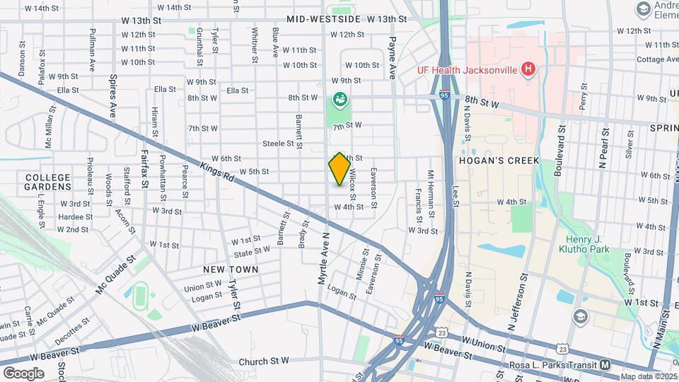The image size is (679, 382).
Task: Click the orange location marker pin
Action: click(x=339, y=169)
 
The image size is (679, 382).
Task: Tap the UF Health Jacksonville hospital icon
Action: click(x=527, y=69)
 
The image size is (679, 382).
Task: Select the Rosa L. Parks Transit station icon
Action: click(x=605, y=365)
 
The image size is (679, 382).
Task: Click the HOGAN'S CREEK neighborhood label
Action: click(x=499, y=161)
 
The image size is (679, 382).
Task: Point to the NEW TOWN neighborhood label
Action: click(x=230, y=270)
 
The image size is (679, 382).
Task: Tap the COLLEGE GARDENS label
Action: click(x=48, y=182)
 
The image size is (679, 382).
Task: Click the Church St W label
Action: click(x=264, y=361)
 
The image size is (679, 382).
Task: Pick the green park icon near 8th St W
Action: click(x=340, y=100)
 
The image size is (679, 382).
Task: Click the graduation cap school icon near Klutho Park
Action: click(x=581, y=316)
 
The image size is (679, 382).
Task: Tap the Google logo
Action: click(x=23, y=373)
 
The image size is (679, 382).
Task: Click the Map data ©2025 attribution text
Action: click(x=649, y=376)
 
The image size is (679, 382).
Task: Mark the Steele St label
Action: click(x=278, y=143)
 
